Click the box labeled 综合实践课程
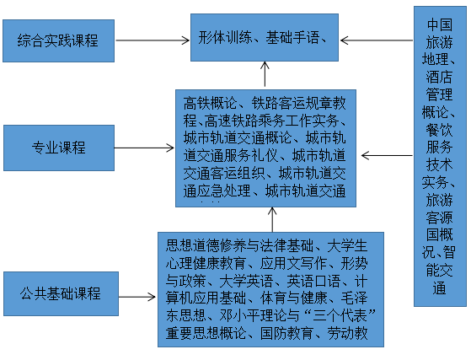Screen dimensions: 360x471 57,39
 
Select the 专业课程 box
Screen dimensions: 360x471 58,148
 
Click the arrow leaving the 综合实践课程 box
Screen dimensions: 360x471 151,39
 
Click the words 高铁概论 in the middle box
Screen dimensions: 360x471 210,105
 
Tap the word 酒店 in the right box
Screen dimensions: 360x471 439,77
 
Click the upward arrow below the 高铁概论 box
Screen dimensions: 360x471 271,218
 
